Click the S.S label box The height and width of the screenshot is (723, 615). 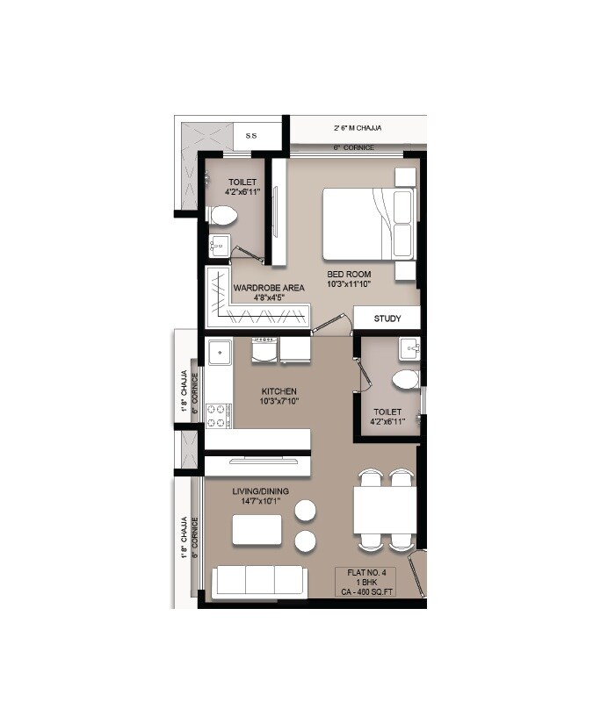pos(251,136)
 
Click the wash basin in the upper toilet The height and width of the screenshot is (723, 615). pos(219,246)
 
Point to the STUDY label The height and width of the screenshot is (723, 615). pos(387,319)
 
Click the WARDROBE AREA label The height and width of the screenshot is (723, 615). pos(269,287)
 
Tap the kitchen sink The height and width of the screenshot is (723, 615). pos(219,353)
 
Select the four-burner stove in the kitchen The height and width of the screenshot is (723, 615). pos(217,414)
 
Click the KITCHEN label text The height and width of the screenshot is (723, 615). pos(279,390)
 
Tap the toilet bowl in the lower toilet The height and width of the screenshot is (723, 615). pos(405,380)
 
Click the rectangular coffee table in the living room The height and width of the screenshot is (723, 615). pos(257,531)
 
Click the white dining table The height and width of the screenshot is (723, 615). pos(385,509)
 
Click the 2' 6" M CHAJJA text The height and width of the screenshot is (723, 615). pos(358,127)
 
